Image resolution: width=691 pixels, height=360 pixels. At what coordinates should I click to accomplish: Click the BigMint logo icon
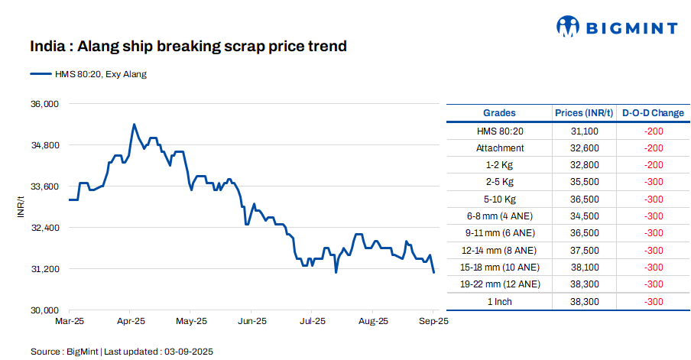(x=568, y=28)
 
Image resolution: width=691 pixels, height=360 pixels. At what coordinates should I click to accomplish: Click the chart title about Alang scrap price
(x=188, y=47)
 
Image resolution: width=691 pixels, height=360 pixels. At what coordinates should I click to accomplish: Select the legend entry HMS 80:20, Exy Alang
(x=88, y=74)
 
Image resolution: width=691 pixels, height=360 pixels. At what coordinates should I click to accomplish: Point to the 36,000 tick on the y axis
(x=44, y=104)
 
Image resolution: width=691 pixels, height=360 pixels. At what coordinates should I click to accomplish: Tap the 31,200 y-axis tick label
(x=44, y=269)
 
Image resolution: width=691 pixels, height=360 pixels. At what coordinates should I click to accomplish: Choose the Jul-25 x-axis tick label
(x=313, y=321)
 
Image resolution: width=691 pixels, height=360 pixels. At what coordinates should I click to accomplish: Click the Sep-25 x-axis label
(x=433, y=321)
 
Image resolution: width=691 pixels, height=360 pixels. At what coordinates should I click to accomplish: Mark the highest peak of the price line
(x=134, y=124)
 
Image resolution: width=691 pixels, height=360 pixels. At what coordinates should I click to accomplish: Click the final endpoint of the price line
(x=433, y=272)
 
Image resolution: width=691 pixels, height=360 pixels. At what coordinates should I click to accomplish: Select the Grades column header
(x=499, y=113)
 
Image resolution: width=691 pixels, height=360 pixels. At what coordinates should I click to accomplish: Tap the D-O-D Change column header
(x=653, y=113)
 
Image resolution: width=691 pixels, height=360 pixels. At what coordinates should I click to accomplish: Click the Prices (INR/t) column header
(x=584, y=113)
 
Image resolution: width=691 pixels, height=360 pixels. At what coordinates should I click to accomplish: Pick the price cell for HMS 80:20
(x=584, y=131)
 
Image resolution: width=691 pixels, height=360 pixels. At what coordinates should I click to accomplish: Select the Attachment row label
(x=499, y=148)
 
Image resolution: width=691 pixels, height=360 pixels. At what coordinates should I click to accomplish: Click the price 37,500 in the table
(x=584, y=250)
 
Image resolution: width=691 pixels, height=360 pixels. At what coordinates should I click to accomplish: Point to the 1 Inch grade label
(x=499, y=301)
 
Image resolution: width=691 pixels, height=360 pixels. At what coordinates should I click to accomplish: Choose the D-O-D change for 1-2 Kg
(x=653, y=165)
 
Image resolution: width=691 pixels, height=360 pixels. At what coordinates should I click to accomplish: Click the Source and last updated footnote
(x=122, y=352)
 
